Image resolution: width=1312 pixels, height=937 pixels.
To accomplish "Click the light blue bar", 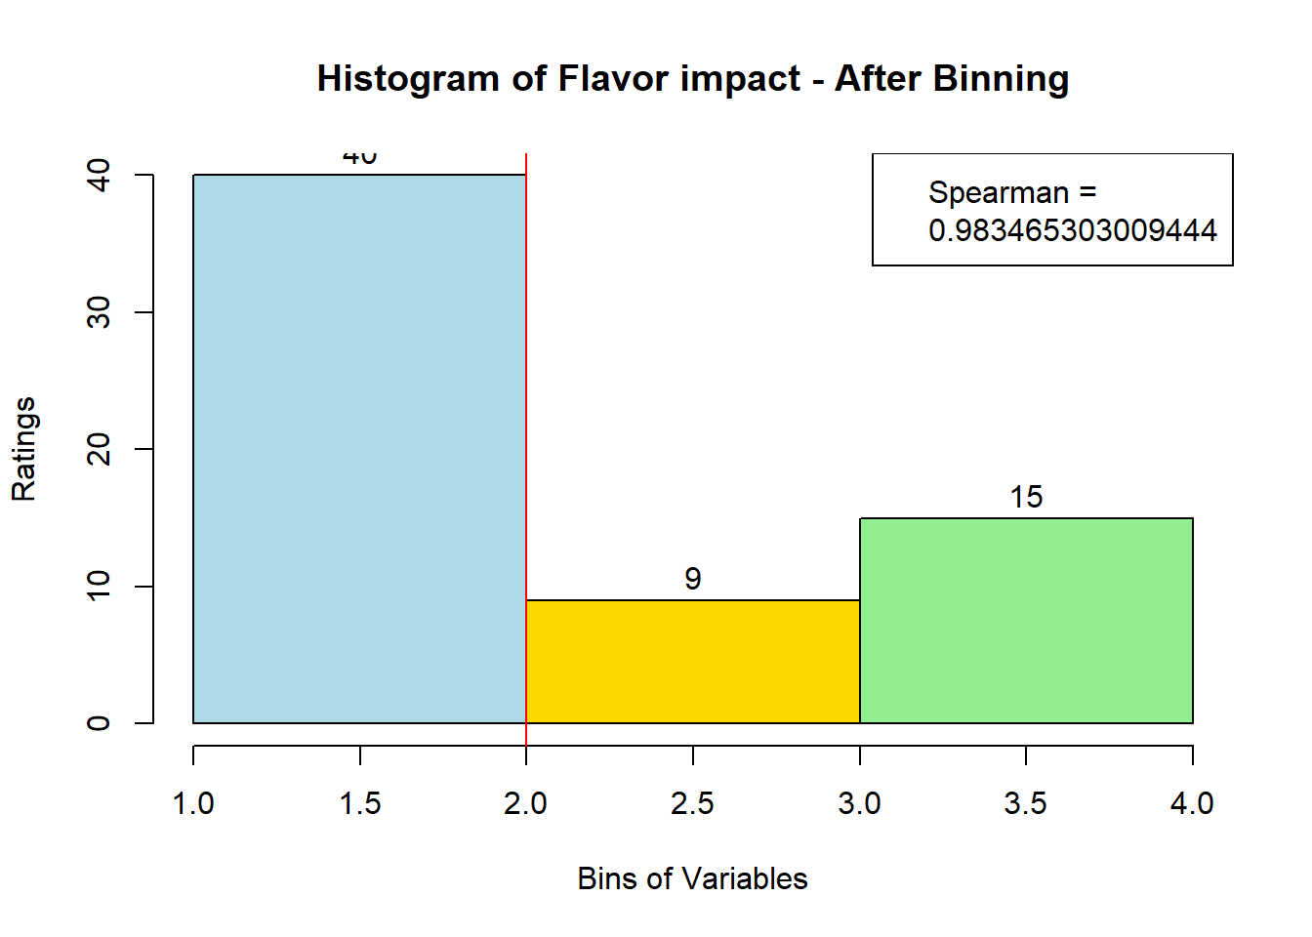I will (x=359, y=449).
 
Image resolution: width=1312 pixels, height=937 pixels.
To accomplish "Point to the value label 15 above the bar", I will (x=1026, y=498).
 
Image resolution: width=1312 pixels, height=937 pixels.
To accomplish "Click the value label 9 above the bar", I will (x=692, y=580).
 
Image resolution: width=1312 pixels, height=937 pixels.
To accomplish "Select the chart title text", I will (x=692, y=78).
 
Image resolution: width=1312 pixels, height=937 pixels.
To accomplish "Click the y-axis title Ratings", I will (x=23, y=449).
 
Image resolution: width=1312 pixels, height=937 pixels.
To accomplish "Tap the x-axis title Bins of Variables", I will (x=692, y=878).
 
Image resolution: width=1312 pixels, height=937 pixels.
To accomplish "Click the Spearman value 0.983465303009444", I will (x=1072, y=230).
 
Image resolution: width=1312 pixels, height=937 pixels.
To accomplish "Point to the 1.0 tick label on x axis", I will (x=193, y=803).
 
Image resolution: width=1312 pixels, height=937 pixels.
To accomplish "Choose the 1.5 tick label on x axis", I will (x=359, y=803).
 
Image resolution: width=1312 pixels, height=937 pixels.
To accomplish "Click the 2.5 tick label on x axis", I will (x=692, y=803).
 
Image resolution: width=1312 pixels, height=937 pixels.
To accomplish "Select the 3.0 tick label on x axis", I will (x=859, y=803).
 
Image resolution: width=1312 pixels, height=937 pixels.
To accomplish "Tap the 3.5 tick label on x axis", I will (x=1026, y=803).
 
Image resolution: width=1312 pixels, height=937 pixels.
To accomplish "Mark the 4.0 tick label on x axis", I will (x=1192, y=803).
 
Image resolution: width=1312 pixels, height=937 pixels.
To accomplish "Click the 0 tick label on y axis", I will (x=99, y=723).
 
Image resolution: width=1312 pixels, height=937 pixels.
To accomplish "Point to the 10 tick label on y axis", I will (x=99, y=586).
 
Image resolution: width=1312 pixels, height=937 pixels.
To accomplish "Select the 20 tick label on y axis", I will (x=99, y=449).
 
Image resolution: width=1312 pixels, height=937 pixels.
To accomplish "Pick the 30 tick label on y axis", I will (x=99, y=311).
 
